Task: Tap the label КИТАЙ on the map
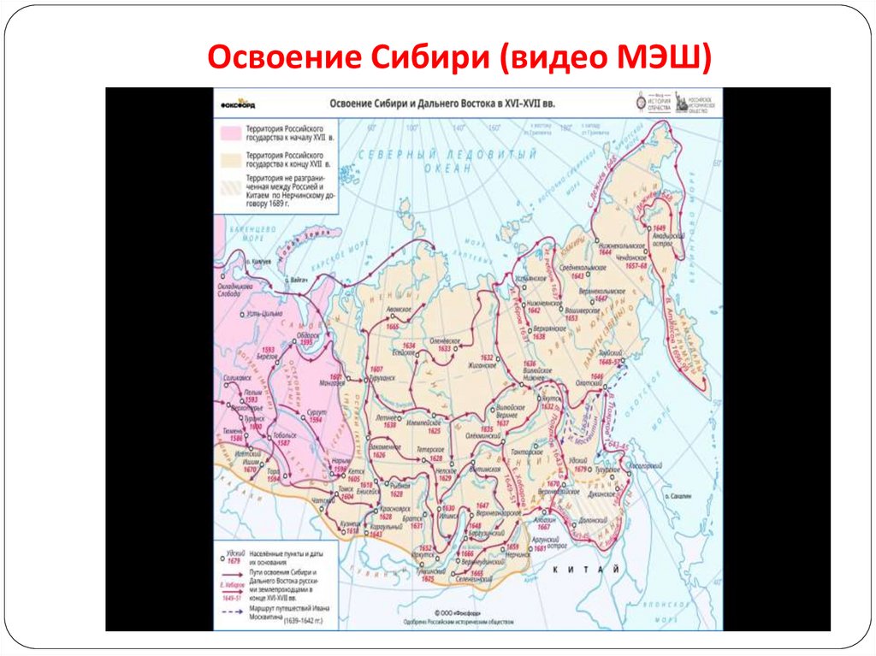586,569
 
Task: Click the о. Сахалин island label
683,495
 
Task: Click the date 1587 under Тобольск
285,444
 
